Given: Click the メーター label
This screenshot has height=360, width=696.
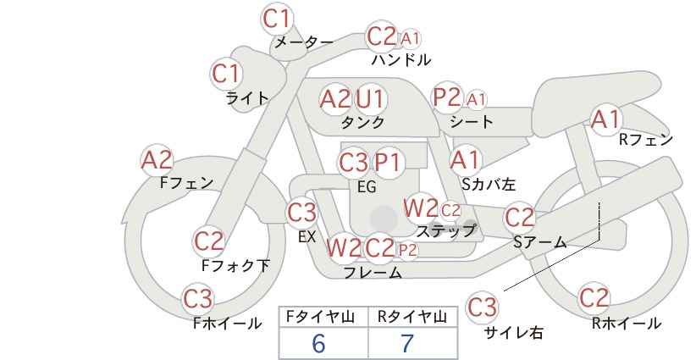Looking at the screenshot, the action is [x=304, y=42].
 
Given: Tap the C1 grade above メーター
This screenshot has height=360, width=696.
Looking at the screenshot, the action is [x=277, y=19].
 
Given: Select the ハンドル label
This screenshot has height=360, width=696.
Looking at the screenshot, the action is [x=401, y=59].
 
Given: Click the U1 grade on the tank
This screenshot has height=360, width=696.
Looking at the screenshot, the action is [x=370, y=98].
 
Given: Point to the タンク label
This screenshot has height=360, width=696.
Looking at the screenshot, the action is [x=362, y=122].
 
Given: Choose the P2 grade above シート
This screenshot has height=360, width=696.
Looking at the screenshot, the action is [x=447, y=97].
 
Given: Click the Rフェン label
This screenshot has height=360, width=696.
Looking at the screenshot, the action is [x=646, y=140].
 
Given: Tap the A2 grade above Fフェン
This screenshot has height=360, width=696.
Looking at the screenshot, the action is [x=157, y=160].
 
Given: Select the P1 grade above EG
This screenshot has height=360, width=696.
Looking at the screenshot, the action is [x=387, y=163].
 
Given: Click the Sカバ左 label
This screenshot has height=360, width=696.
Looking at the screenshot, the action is [x=489, y=184].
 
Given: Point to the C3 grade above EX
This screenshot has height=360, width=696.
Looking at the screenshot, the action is [x=301, y=213].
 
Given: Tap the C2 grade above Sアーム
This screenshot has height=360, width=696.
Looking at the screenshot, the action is [x=520, y=218].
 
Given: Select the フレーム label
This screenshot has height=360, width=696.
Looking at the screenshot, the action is [x=373, y=272].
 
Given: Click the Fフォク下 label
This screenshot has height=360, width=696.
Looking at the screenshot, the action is [x=235, y=265].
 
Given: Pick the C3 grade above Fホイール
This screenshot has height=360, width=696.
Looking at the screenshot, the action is [x=198, y=298].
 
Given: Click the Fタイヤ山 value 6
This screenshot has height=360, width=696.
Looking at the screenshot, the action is [x=318, y=343].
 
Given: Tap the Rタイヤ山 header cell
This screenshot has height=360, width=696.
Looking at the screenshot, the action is [x=412, y=317].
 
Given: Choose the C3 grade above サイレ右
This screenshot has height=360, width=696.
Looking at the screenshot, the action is [x=482, y=307].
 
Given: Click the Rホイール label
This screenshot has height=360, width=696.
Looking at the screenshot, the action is [x=627, y=324].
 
